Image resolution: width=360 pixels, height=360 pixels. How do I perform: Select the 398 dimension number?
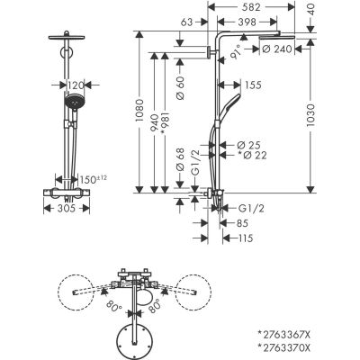tap(254, 20)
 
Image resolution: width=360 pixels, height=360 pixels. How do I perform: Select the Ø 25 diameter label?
tap(249, 145)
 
